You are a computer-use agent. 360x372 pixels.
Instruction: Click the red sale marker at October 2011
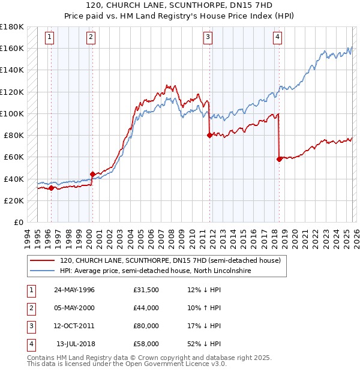pyautogui.click(x=209, y=135)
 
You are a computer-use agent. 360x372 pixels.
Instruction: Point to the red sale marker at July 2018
pyautogui.click(x=279, y=159)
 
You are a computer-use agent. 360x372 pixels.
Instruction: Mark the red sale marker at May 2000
pyautogui.click(x=92, y=175)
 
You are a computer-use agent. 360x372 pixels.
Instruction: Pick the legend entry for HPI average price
pyautogui.click(x=155, y=271)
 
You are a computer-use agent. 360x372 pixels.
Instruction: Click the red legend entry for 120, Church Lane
pyautogui.click(x=170, y=261)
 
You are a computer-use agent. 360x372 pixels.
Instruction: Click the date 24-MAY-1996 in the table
pyautogui.click(x=74, y=290)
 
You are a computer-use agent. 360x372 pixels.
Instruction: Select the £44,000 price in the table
pyautogui.click(x=146, y=308)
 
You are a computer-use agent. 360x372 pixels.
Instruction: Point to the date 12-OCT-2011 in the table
pyautogui.click(x=74, y=326)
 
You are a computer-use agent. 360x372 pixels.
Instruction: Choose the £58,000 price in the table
pyautogui.click(x=146, y=344)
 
